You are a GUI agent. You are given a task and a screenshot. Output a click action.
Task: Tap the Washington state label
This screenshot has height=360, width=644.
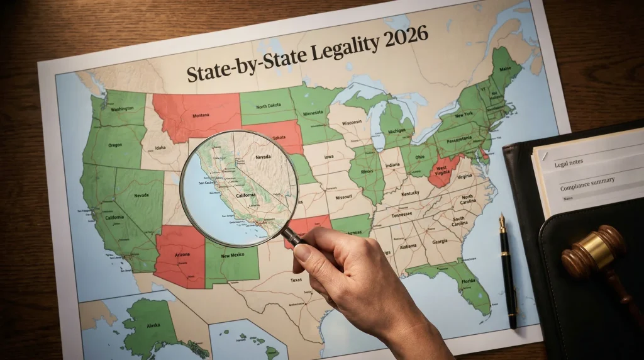(x=121, y=108)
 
